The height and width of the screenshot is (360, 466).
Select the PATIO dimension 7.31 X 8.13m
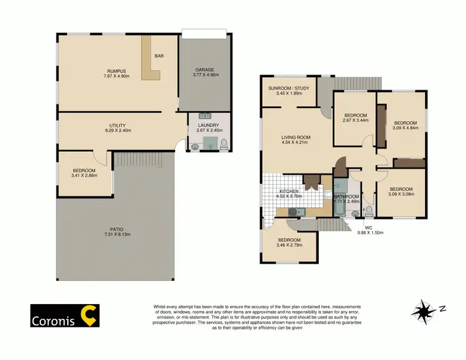[116, 234]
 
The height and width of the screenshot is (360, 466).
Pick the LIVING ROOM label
[295, 137]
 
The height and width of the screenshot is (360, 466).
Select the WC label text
[368, 228]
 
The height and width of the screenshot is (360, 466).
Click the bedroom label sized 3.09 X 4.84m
[404, 122]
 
